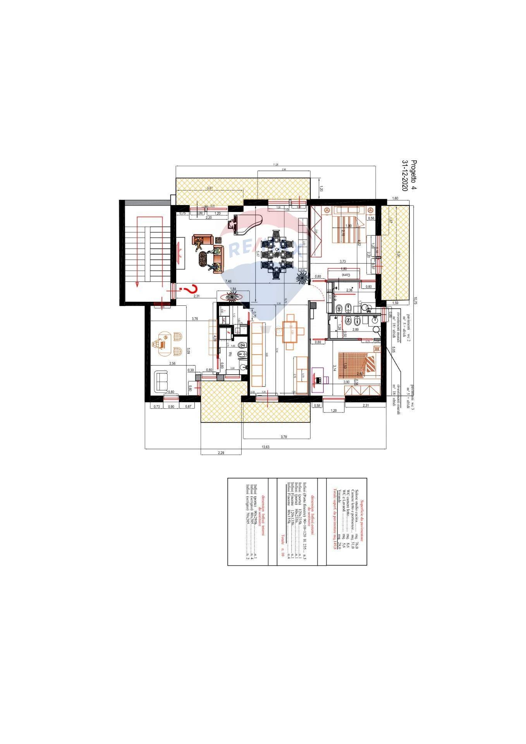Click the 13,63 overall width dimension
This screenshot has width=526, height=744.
tap(266, 446)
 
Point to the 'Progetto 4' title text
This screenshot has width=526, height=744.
tap(414, 174)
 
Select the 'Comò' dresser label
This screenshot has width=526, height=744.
tap(345, 274)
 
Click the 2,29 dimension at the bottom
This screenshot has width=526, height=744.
tap(221, 452)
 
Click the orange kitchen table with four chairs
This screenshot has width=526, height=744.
tap(291, 332)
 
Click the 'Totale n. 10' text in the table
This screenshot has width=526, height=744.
tap(283, 546)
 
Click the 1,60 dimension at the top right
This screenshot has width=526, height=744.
tap(395, 198)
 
